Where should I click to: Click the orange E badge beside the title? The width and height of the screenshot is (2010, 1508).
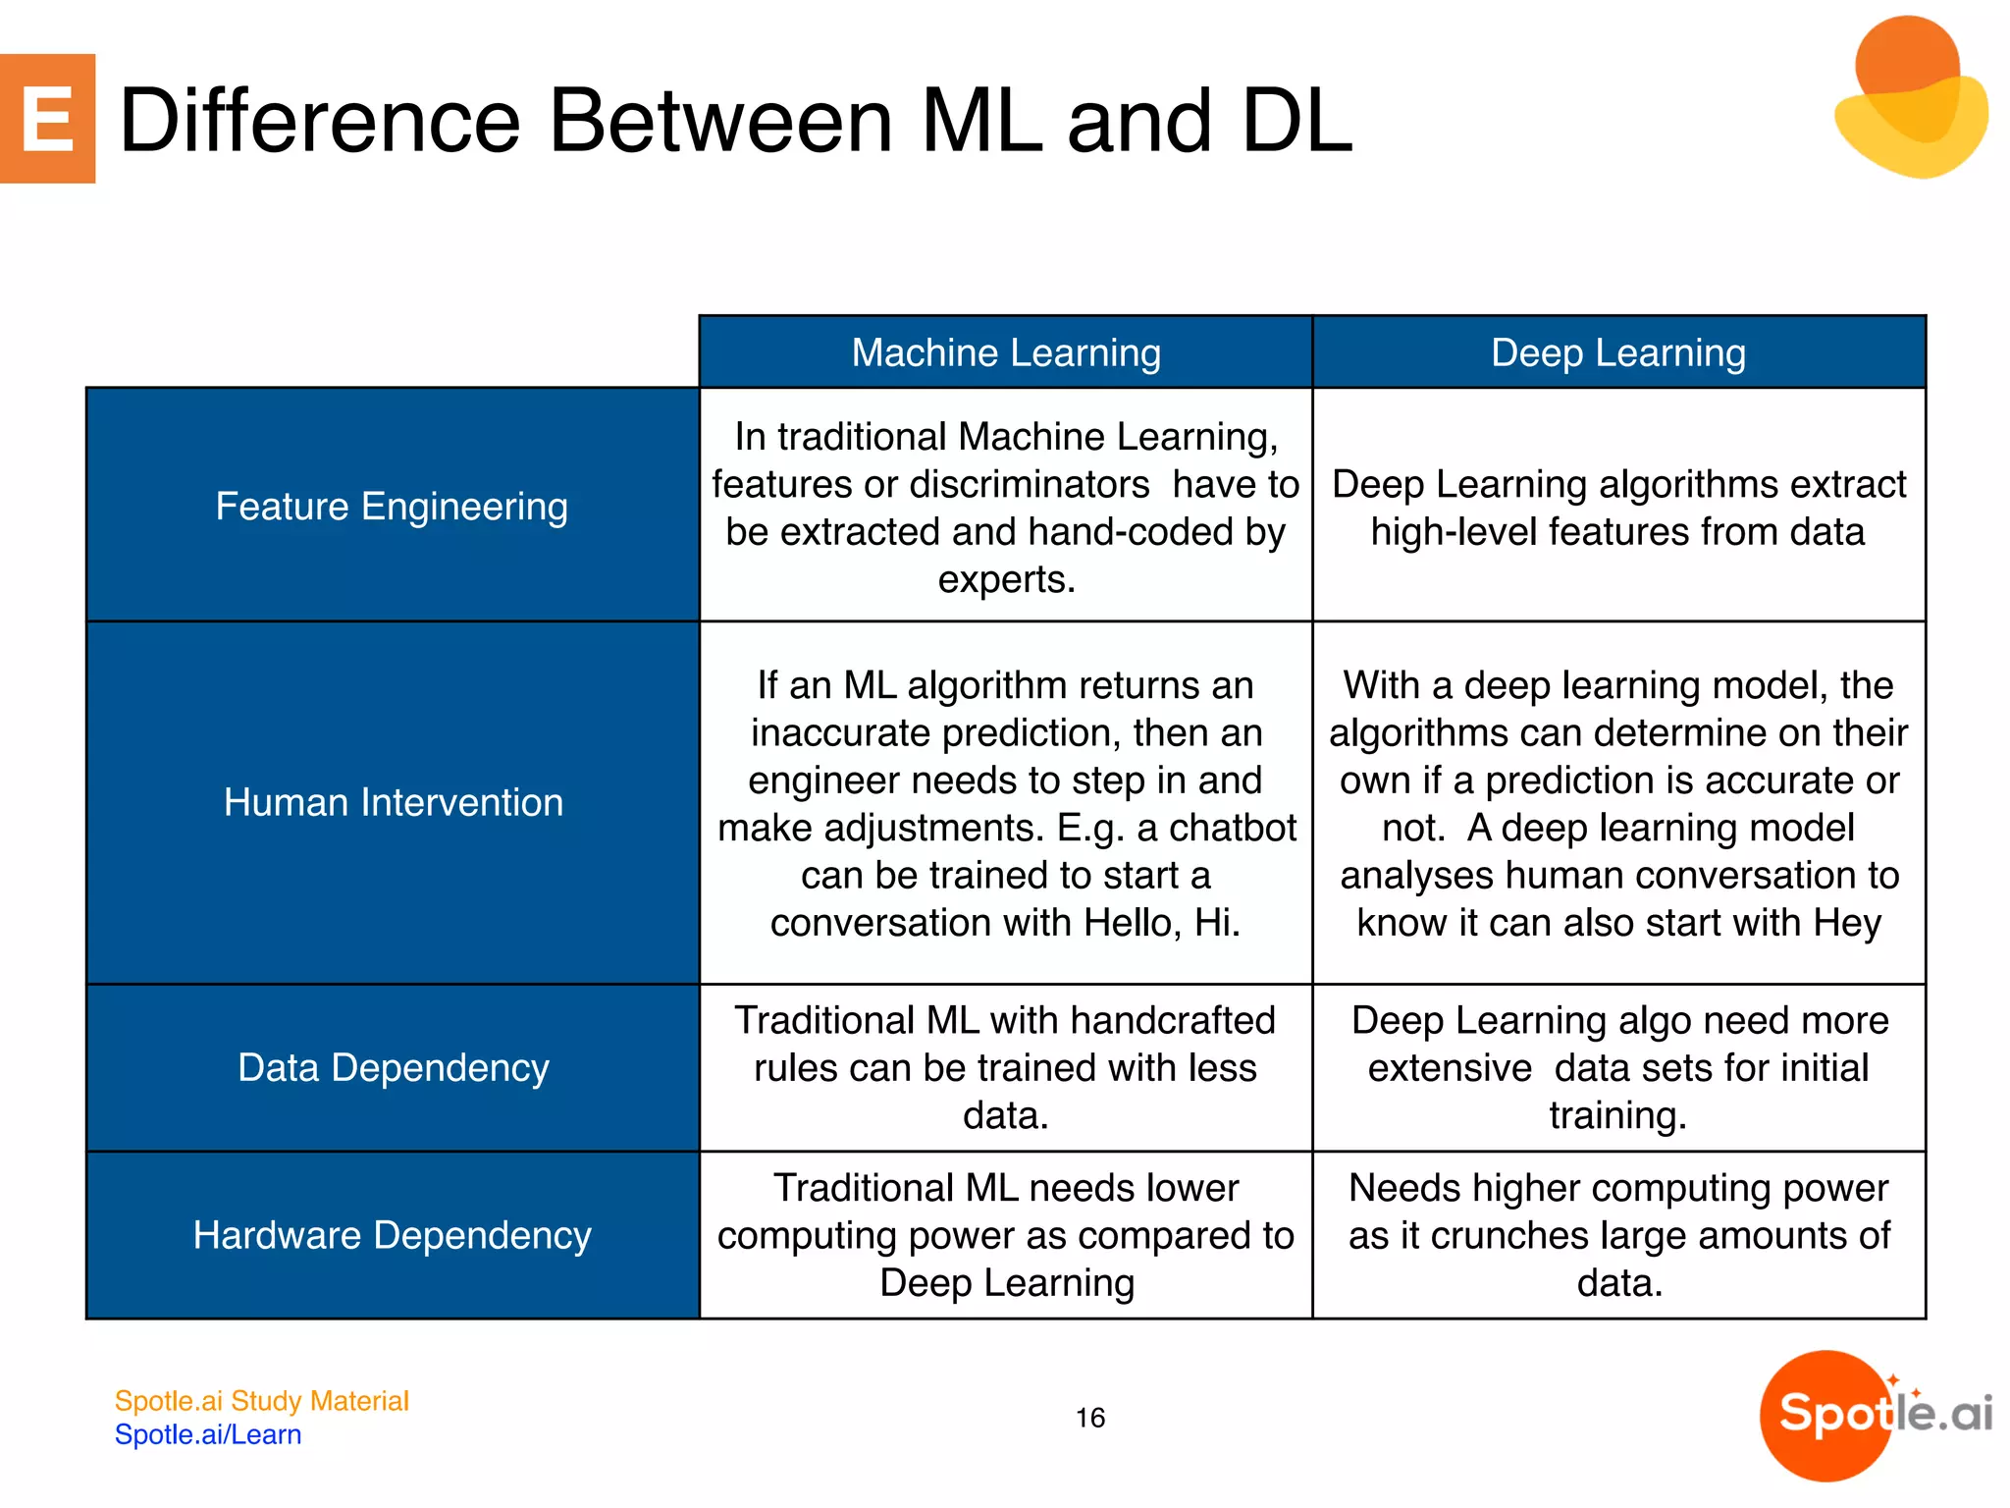coord(47,119)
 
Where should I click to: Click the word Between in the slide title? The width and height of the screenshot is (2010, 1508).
coord(720,121)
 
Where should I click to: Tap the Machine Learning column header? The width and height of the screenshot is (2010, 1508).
coord(1005,352)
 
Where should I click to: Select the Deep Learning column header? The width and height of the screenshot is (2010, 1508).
coord(1617,352)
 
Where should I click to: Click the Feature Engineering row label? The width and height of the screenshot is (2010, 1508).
coord(392,507)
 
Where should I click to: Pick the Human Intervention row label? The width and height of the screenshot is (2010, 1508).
coord(393,802)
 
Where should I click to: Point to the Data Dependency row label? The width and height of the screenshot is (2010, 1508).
coord(393,1067)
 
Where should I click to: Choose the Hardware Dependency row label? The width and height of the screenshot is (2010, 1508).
coord(392,1235)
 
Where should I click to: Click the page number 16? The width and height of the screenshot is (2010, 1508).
coord(1089,1418)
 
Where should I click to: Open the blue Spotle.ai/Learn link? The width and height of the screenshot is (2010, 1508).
coord(208,1434)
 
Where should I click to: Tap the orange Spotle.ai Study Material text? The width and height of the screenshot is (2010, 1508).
coord(261,1401)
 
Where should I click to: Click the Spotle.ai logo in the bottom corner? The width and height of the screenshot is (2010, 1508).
coord(1875,1414)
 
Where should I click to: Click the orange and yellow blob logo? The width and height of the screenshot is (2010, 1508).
coord(1909,98)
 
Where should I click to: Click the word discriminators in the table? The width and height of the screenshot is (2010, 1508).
coord(1029,484)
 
